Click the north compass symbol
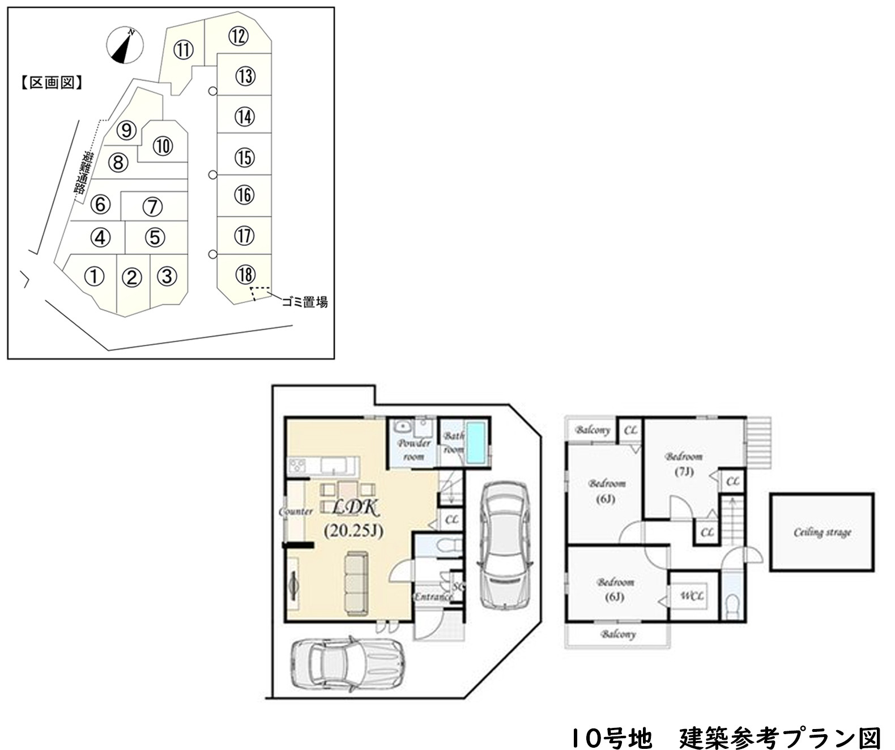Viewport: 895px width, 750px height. (125, 45)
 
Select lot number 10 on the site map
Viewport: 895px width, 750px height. (163, 146)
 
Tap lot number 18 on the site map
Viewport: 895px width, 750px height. (245, 275)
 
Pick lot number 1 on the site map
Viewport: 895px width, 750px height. (95, 277)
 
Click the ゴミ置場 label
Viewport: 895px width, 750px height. (305, 302)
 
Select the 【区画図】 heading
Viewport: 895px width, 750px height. (52, 83)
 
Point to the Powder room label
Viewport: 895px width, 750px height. (414, 449)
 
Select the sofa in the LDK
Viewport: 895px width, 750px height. (356, 584)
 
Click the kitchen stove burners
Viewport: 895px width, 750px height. (297, 466)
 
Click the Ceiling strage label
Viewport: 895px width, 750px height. (822, 532)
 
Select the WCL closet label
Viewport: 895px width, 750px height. (692, 596)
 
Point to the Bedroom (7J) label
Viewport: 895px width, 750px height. (684, 463)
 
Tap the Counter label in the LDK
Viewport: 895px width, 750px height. (296, 512)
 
